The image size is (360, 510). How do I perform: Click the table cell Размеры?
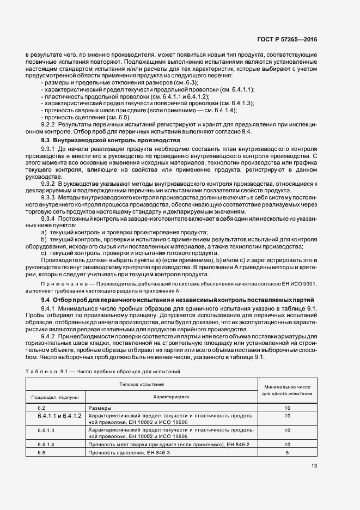[x=100, y=408]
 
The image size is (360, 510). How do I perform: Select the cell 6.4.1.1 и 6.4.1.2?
[x=59, y=416]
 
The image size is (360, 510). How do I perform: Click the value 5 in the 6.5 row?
[x=286, y=453]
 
